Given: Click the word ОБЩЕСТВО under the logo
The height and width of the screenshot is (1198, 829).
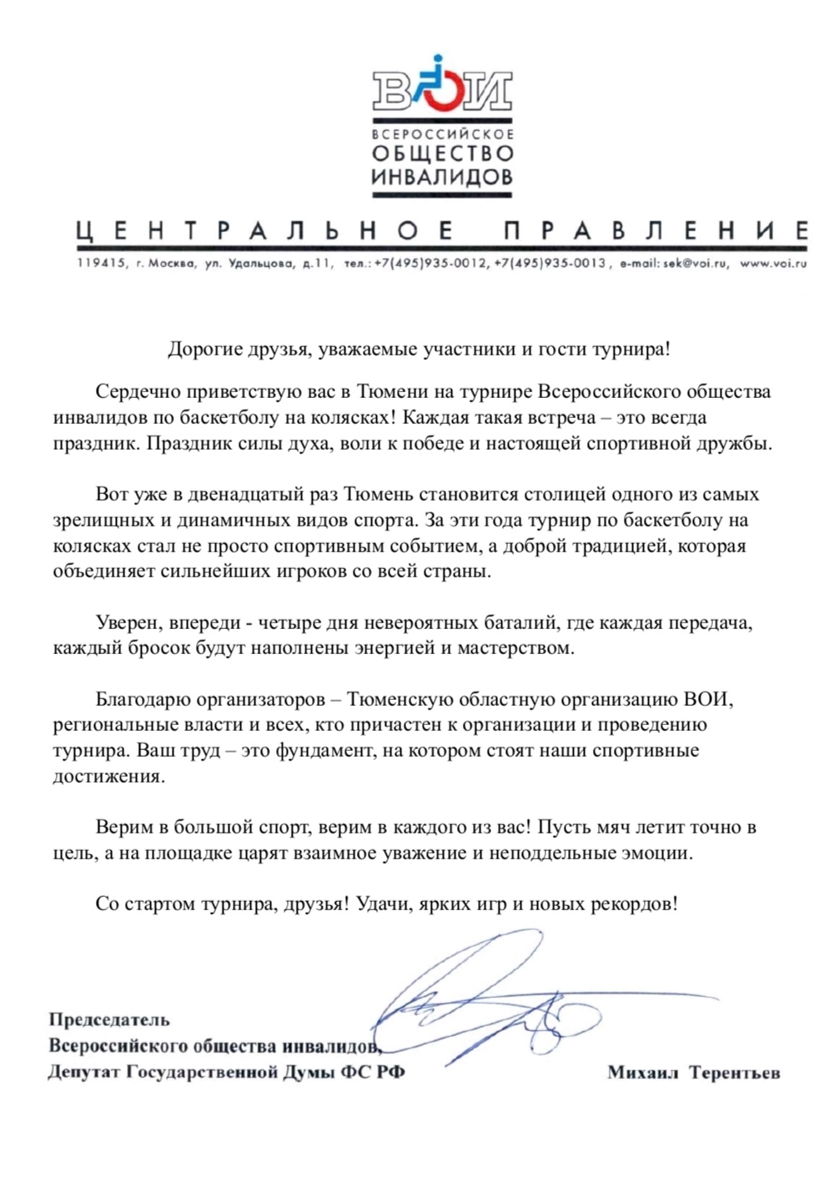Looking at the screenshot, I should coord(442,154).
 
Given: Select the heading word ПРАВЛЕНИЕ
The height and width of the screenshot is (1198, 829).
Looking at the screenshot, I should coord(656,231).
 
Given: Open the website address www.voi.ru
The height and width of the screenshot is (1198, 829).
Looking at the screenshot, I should coord(774,264).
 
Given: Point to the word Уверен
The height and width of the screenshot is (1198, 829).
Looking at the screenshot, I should coord(129,622).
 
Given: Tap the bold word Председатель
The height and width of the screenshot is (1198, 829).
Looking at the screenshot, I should coord(109,1019).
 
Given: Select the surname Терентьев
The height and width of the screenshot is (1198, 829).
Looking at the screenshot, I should coord(735,1073).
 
